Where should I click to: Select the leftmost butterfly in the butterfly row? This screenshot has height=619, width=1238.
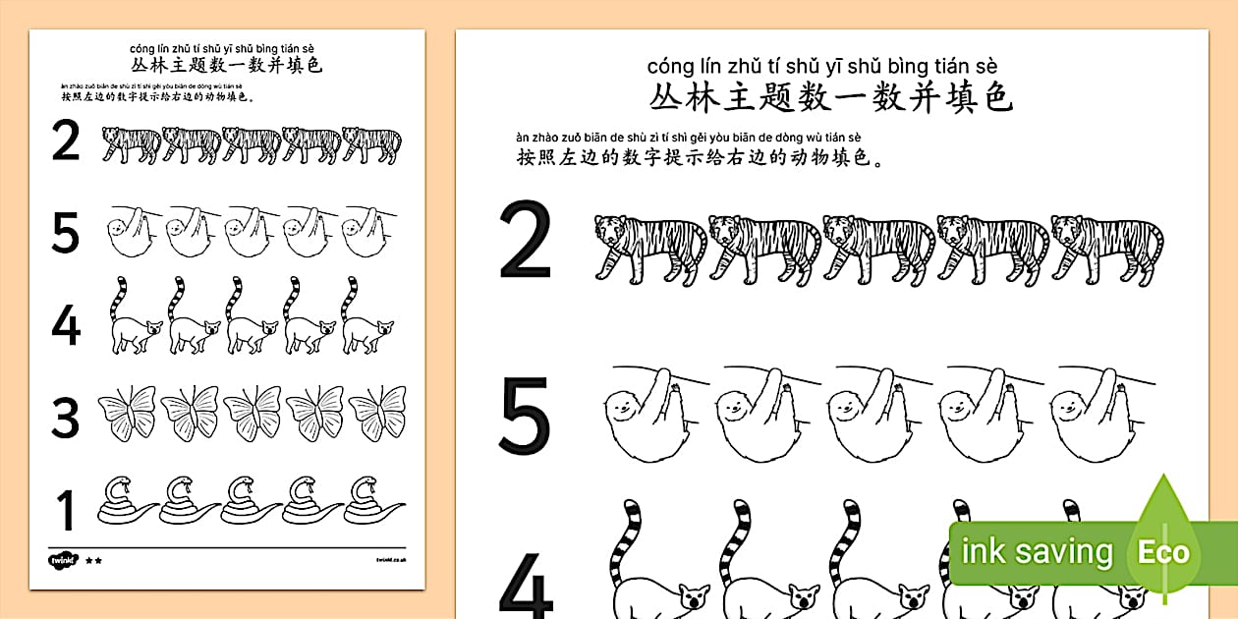128,413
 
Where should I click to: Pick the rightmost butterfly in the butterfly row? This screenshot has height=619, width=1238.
378,413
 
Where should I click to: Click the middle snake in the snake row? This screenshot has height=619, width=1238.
252,501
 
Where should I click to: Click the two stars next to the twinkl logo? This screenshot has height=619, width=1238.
94,560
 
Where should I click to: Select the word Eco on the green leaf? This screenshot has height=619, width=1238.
1164,552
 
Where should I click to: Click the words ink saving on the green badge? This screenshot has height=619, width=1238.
1037,552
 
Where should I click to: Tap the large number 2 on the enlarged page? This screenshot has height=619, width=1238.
526,242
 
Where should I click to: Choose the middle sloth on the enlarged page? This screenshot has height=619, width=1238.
875,408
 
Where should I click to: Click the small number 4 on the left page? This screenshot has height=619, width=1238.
65,325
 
